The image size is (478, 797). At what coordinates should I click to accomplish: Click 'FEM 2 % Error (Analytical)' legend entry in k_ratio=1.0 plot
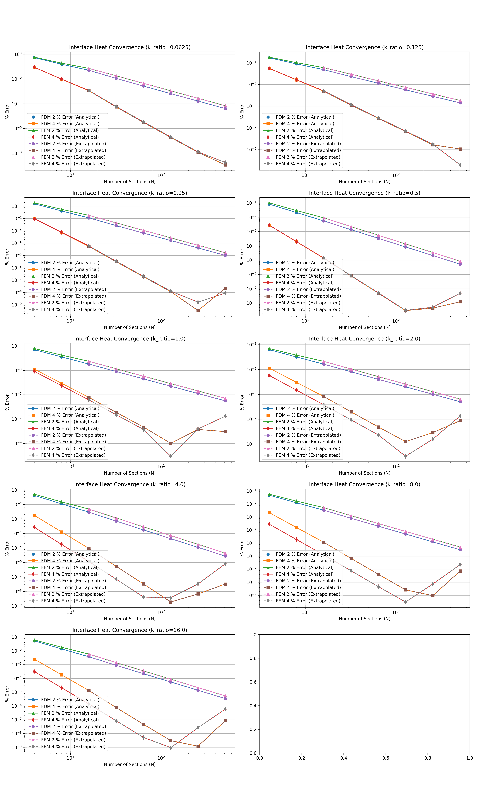70,422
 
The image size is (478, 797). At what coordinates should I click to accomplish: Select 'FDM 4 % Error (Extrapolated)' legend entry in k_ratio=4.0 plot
73,587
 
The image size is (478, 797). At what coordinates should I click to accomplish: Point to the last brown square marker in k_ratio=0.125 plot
460,149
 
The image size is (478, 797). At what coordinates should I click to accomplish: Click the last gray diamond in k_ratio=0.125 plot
460,165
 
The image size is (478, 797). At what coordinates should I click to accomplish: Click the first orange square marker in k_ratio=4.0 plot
34,515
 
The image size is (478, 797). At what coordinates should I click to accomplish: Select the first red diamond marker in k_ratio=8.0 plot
269,524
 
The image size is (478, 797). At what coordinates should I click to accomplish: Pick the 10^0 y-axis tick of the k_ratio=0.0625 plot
18,54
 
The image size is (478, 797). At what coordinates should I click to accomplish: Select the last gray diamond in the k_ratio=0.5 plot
460,293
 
